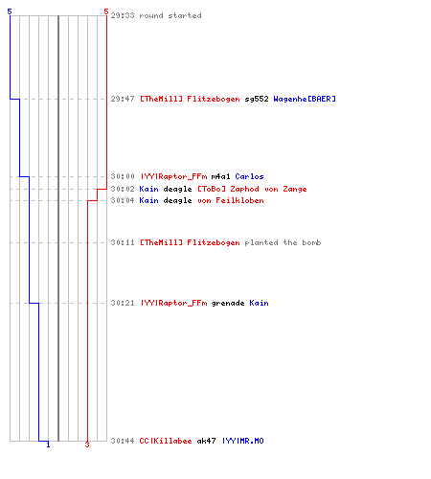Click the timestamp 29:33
coord(123,15)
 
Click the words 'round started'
coord(170,15)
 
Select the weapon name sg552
coord(257,99)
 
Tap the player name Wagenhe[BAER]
coord(305,99)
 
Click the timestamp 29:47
coord(123,99)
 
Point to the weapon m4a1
coord(220,176)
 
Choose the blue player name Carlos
coord(249,176)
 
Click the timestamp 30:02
coord(123,189)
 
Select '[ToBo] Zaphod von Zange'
coord(252,189)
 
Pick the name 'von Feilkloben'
coord(231,200)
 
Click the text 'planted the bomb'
coord(283,242)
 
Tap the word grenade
coord(228,303)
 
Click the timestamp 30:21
coord(123,303)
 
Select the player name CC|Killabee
coord(166,441)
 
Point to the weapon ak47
coord(206,441)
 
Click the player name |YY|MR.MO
coord(243,441)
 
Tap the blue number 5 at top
coord(10,11)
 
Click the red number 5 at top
coord(106,11)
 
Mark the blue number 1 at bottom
coord(48,445)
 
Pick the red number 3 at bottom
coord(87,445)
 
